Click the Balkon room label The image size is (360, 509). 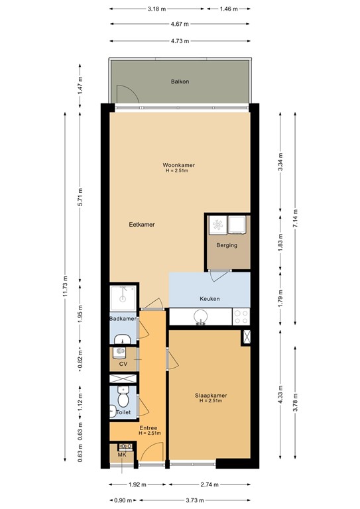pos(180,82)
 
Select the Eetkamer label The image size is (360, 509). pos(142,225)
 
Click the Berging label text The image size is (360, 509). pos(227,245)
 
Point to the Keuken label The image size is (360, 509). pos(210,299)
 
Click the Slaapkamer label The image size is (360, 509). pos(211,396)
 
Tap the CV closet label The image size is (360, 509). pos(123,364)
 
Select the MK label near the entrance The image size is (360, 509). pos(122,455)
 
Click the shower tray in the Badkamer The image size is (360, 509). pos(123,298)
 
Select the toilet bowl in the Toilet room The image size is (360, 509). pos(122,401)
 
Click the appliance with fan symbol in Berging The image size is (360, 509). pos(216,226)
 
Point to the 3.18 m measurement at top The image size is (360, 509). pos(157,9)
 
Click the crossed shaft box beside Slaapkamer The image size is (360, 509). pos(247,336)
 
